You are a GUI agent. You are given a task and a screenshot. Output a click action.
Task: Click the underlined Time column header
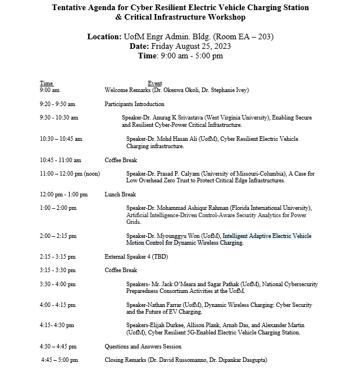click(46, 83)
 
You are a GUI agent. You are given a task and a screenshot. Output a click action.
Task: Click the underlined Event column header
click(154, 83)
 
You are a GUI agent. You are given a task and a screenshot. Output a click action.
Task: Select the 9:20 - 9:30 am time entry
click(57, 104)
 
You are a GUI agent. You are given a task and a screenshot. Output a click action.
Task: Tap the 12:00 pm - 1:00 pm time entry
click(63, 194)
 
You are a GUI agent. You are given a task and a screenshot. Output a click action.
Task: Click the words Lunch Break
click(120, 194)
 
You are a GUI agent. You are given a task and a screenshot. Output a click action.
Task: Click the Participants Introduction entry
click(134, 104)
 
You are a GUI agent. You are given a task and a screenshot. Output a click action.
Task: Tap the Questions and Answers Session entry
click(143, 346)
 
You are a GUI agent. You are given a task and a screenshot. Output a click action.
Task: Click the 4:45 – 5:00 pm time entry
click(60, 359)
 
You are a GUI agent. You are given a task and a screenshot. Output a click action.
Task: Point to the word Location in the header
click(104, 36)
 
